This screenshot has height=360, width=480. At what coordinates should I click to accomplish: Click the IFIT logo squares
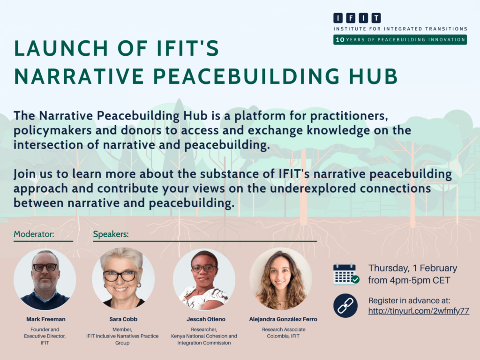(357, 18)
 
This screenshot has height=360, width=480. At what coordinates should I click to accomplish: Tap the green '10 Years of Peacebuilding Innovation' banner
(400, 40)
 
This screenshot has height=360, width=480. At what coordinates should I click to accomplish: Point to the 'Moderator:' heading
(34, 234)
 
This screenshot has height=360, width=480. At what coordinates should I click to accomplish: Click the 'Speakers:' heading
(111, 234)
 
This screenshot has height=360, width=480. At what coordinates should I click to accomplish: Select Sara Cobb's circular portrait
(123, 278)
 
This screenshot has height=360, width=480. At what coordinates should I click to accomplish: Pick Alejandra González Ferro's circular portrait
(281, 278)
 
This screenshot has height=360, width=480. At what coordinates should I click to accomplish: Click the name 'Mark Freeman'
(46, 319)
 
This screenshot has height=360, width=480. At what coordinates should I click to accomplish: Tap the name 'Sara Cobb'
(123, 319)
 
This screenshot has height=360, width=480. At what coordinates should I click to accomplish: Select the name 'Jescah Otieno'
(206, 319)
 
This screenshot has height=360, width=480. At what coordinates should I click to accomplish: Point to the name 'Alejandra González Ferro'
(283, 319)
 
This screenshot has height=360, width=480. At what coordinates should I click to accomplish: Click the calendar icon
(346, 274)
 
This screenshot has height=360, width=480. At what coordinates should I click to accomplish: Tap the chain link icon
(345, 306)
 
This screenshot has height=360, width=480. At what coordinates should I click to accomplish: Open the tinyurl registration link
(419, 311)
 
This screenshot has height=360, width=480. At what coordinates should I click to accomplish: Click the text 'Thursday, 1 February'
(412, 268)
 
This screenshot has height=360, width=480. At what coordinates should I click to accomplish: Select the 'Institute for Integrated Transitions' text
(400, 29)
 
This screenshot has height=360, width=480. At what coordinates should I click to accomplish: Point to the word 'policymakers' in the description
(52, 130)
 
